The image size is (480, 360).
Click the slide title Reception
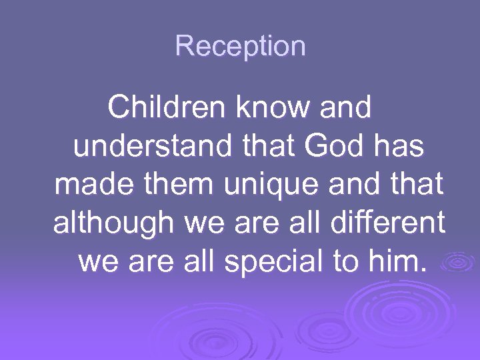(240, 46)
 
